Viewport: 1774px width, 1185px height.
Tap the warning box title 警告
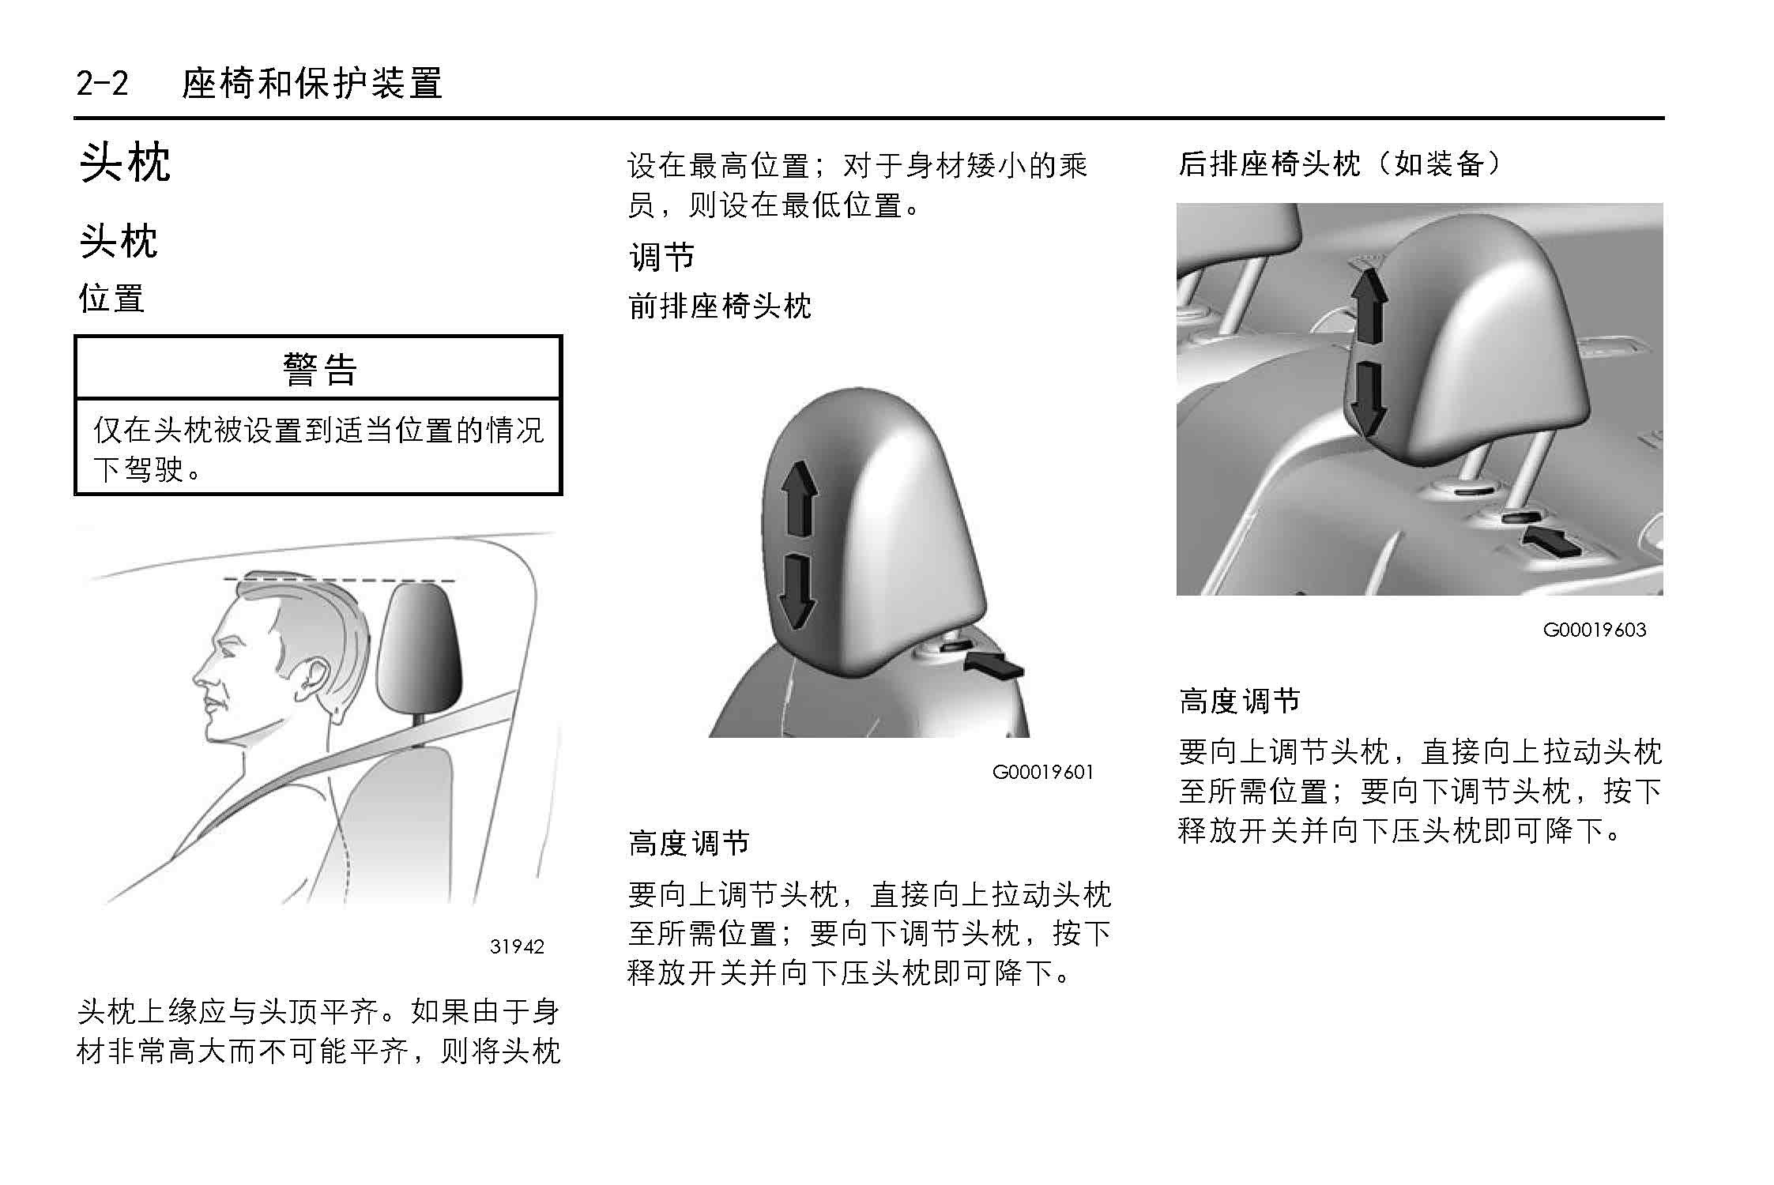click(319, 369)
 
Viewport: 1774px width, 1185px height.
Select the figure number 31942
click(517, 946)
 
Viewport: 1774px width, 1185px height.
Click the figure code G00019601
click(1043, 772)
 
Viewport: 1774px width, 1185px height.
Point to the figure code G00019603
click(1595, 630)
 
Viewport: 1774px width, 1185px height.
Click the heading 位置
click(111, 299)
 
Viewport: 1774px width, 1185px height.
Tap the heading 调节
click(661, 257)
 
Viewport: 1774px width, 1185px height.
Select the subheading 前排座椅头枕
click(720, 306)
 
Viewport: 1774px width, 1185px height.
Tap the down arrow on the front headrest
click(797, 592)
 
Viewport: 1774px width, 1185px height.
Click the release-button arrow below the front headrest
click(994, 664)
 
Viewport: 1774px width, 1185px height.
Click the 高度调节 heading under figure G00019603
click(1239, 701)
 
